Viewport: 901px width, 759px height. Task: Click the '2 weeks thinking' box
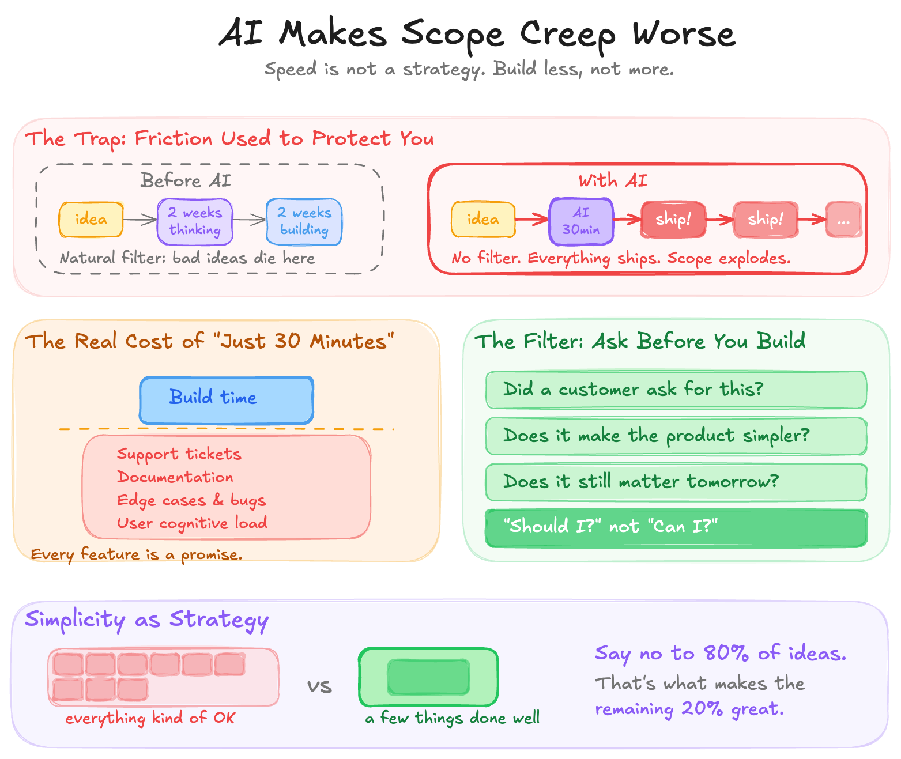click(x=195, y=222)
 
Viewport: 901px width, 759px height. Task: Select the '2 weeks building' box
click(x=304, y=222)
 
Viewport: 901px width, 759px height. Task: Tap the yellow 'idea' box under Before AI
click(x=91, y=220)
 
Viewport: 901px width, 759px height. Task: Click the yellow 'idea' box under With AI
click(x=483, y=220)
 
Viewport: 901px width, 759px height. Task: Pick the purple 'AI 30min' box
click(x=581, y=221)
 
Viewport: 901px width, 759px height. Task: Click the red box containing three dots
click(x=843, y=220)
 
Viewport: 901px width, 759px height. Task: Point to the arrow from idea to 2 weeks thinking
click(x=140, y=220)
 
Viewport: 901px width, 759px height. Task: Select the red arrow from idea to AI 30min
click(x=531, y=219)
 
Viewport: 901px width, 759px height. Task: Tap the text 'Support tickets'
click(x=179, y=454)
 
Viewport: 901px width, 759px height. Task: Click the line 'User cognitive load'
click(x=192, y=523)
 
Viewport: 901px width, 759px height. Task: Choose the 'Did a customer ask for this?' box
click(x=676, y=390)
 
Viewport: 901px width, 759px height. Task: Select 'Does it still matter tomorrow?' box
click(x=676, y=482)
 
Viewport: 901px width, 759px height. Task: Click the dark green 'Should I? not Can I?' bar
click(x=676, y=527)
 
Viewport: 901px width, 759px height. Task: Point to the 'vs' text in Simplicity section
click(x=319, y=686)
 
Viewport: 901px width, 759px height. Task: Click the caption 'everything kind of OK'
click(x=150, y=718)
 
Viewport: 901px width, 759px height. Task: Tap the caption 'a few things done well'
click(x=453, y=718)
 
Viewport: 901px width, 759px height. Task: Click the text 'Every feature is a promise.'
click(x=137, y=554)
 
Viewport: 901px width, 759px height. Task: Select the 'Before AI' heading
click(x=186, y=181)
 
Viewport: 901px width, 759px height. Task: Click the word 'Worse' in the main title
click(x=684, y=33)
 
